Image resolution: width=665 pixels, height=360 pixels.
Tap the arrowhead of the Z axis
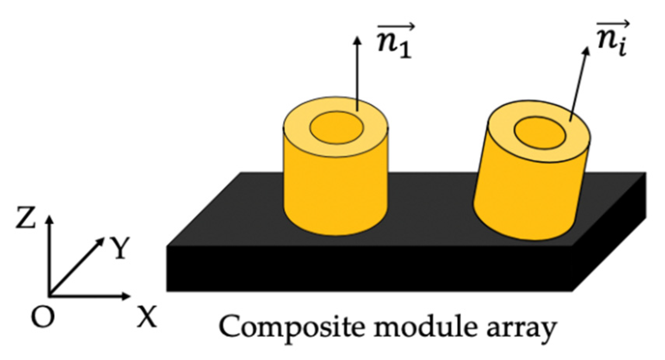point(49,218)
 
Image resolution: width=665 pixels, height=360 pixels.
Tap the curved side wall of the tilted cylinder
point(528,194)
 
